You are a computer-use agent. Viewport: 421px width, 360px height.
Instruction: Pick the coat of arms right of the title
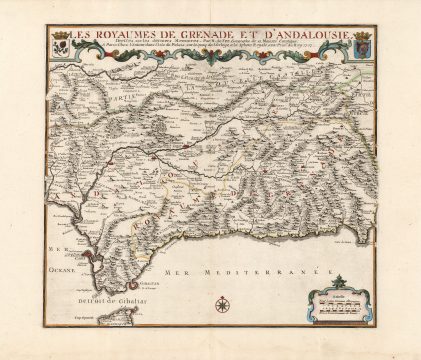click(362, 45)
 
